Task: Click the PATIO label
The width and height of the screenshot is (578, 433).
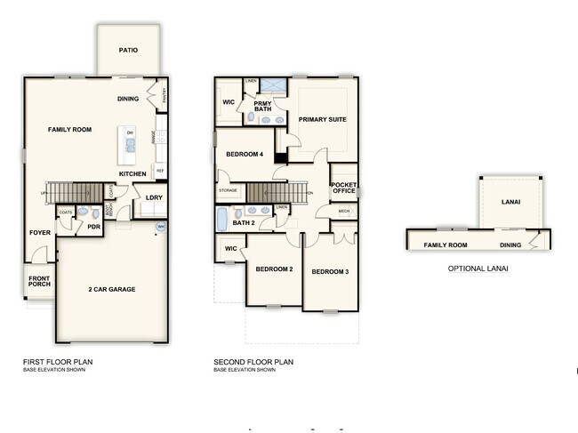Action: point(128,51)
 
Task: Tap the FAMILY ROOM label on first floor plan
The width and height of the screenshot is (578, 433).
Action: point(69,130)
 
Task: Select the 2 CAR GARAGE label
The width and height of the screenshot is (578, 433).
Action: point(111,289)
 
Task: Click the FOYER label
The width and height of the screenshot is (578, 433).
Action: point(39,233)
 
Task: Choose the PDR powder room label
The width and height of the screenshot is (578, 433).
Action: point(93,228)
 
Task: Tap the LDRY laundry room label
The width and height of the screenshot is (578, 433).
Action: point(153,197)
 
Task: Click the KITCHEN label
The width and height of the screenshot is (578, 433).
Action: point(132,173)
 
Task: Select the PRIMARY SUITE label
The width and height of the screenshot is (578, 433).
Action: point(322,119)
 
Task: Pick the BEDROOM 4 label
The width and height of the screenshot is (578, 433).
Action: point(245,155)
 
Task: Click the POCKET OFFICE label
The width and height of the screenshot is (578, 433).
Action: point(343,188)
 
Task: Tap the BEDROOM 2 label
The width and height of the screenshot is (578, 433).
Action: point(274,269)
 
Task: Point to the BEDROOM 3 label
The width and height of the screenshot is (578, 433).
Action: point(330,270)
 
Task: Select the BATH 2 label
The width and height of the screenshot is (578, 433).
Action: point(245,222)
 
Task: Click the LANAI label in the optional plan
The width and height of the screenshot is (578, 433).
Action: point(510,202)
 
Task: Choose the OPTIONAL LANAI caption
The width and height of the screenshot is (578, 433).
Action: point(478,268)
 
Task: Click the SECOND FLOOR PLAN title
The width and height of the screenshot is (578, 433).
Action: point(253,362)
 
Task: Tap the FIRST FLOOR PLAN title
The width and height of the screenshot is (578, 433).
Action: point(58,362)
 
